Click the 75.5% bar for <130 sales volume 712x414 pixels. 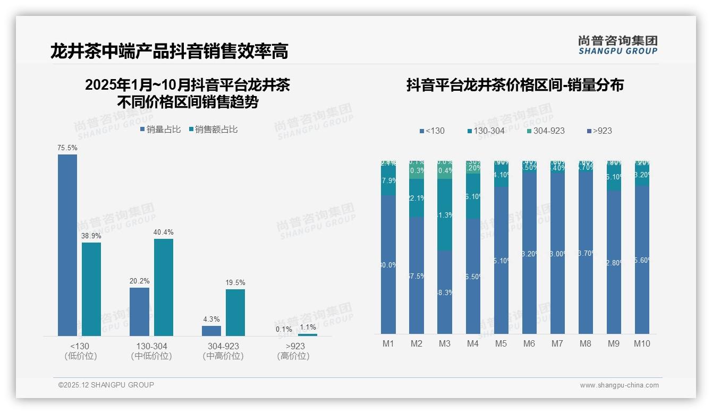(x=67, y=245)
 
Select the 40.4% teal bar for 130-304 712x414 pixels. (x=164, y=287)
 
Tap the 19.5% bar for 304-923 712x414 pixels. (x=235, y=312)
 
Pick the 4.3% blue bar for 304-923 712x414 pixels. (x=211, y=331)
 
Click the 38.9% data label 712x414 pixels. (x=91, y=236)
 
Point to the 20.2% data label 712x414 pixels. (x=139, y=281)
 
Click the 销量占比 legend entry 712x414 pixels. (x=160, y=129)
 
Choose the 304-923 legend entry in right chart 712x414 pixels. (x=546, y=131)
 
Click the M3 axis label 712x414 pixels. (x=445, y=343)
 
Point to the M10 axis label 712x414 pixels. (x=642, y=343)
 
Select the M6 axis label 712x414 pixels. (x=529, y=343)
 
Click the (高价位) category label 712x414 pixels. (x=293, y=356)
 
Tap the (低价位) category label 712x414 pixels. (x=80, y=356)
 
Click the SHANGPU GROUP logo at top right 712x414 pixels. (x=618, y=45)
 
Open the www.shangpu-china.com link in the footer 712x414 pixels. (x=619, y=385)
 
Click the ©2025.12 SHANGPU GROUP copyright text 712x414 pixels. (x=106, y=385)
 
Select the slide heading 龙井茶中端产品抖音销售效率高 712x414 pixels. (x=169, y=51)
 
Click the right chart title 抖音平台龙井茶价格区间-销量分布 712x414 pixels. (x=515, y=85)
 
